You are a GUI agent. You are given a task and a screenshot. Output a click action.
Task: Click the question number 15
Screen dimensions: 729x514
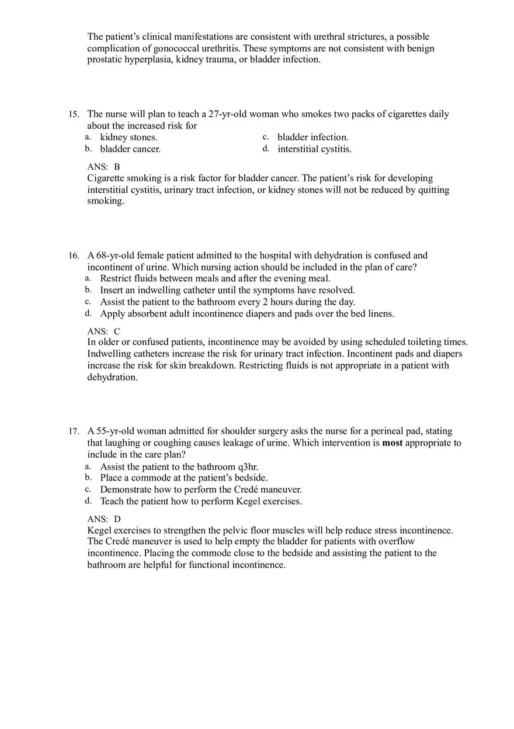[73, 115]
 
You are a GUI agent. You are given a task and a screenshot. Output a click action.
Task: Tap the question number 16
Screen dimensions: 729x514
[73, 255]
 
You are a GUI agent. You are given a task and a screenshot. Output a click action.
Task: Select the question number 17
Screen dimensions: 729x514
[73, 431]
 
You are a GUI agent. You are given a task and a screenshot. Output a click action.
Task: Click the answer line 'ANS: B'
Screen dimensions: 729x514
[103, 167]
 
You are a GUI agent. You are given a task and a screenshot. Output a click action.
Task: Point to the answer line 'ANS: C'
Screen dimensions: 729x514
[103, 331]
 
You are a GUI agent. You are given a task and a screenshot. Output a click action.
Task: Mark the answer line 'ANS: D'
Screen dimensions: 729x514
[104, 519]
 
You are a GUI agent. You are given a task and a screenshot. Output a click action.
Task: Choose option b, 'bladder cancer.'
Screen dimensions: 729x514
[130, 149]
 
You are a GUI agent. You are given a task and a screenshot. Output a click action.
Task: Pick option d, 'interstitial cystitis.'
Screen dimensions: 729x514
[314, 149]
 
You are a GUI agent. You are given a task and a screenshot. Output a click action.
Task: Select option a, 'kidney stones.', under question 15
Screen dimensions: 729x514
[128, 137]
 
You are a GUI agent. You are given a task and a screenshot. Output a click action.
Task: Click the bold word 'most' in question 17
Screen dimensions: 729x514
[393, 443]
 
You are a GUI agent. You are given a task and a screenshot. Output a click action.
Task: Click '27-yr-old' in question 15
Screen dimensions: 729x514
[230, 114]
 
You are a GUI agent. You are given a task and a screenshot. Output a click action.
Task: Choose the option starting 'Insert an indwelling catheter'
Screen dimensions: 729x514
[227, 290]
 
